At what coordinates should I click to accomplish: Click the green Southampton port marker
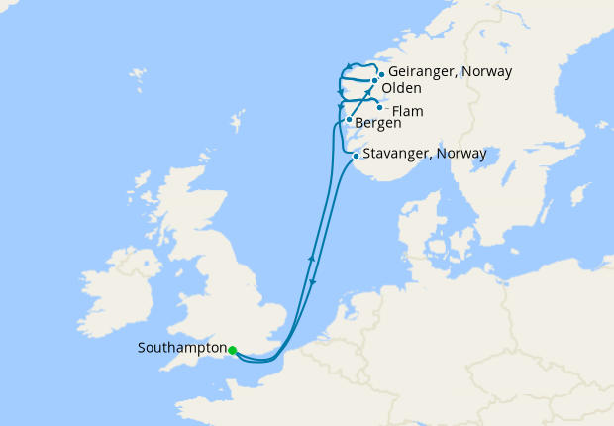pos(232,350)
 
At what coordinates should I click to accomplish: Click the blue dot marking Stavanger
pos(357,156)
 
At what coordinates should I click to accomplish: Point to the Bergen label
pos(377,124)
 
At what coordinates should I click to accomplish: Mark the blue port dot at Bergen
pos(349,120)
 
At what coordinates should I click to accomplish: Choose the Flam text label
pos(407,110)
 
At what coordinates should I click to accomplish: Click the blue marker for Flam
pos(380,107)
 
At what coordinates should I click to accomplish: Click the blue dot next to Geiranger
pos(381,73)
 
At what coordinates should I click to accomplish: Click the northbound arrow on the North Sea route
pos(311,259)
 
